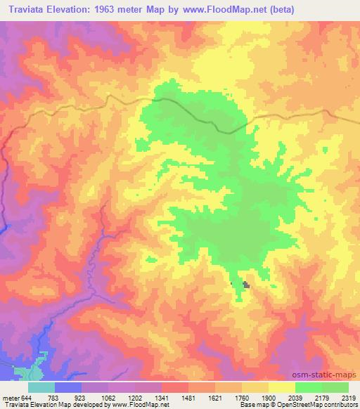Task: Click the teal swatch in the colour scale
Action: click(41, 387)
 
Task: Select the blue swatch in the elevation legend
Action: click(68, 387)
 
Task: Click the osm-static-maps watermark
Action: click(330, 375)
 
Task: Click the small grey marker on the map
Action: click(246, 285)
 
